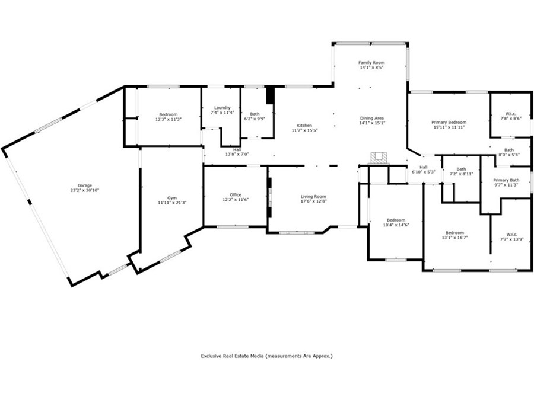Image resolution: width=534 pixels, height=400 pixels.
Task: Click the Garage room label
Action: pyautogui.click(x=85, y=185)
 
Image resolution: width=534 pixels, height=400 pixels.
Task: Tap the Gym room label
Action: pyautogui.click(x=172, y=197)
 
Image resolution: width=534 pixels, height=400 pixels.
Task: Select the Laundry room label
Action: pyautogui.click(x=223, y=107)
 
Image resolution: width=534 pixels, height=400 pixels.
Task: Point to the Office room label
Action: pyautogui.click(x=236, y=195)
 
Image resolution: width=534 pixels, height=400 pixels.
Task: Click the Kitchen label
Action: pyautogui.click(x=304, y=126)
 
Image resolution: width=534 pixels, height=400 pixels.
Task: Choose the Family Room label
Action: pyautogui.click(x=371, y=63)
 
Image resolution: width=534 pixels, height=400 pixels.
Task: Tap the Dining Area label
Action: pyautogui.click(x=371, y=119)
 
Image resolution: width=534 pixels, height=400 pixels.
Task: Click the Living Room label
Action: pyautogui.click(x=313, y=196)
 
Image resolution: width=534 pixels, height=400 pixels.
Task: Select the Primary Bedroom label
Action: pyautogui.click(x=449, y=123)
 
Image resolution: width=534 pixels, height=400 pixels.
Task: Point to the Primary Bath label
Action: pyautogui.click(x=506, y=180)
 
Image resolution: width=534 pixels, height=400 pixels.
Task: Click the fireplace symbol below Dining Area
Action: pyautogui.click(x=379, y=158)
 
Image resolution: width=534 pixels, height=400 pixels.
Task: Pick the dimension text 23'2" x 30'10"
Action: pyautogui.click(x=85, y=190)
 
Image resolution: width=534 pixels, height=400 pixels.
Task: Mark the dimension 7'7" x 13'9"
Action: pyautogui.click(x=511, y=239)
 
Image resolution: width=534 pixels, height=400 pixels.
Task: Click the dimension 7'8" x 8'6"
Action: pyautogui.click(x=510, y=119)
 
